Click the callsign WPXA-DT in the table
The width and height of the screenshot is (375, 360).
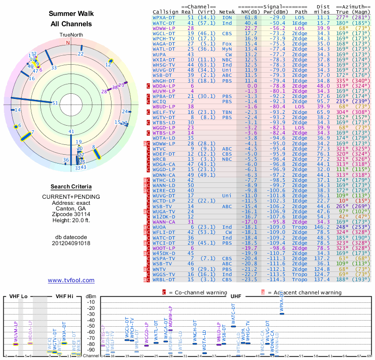coord(164,17)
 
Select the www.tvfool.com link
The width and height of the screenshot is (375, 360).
coord(71,280)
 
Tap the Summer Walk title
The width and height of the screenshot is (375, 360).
coord(71,14)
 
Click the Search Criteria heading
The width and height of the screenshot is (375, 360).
coord(71,187)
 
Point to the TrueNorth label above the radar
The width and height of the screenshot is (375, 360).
coord(71,35)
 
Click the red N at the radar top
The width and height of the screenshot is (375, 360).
coord(68,43)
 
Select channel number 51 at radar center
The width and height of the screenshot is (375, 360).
coord(55,103)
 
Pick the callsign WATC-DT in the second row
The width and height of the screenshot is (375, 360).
coord(164,22)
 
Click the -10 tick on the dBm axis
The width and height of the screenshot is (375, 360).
coord(91,302)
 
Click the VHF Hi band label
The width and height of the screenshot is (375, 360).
coord(65,296)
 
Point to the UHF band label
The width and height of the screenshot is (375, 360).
coord(235,296)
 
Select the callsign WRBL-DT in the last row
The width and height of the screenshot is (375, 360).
coord(164,280)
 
